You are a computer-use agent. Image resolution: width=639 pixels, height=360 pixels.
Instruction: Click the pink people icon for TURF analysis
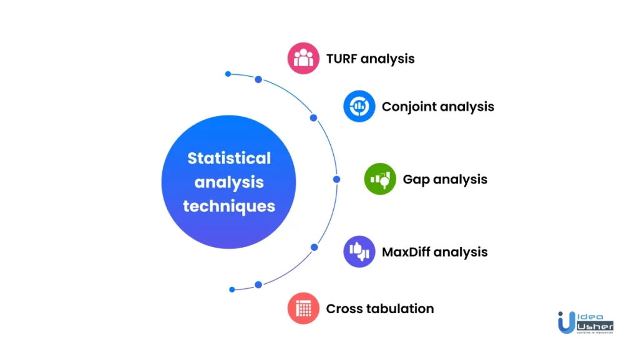click(303, 58)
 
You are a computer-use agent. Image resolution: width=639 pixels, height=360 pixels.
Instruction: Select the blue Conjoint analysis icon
click(359, 106)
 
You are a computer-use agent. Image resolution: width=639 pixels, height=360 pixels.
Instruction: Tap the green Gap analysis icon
click(380, 179)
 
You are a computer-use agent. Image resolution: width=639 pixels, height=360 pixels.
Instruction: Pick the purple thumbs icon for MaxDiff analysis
click(359, 251)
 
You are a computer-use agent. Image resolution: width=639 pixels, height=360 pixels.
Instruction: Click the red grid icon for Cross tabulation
click(303, 308)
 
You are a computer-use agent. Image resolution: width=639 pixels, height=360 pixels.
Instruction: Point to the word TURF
click(341, 59)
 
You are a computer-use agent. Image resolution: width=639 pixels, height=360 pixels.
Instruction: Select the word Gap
click(416, 180)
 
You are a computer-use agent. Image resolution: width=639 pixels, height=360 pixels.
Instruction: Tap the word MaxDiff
click(406, 252)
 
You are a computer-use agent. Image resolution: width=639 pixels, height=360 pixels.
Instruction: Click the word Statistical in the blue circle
click(229, 158)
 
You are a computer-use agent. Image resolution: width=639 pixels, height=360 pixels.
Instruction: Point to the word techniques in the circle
click(229, 207)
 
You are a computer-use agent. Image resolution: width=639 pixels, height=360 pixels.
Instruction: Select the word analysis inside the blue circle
click(229, 182)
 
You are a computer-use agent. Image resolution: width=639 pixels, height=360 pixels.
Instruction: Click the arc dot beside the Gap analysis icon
click(336, 179)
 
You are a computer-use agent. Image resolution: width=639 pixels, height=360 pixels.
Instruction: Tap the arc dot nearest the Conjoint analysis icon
click(313, 118)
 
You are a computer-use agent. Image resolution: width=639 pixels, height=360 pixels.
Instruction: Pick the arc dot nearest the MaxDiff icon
click(315, 247)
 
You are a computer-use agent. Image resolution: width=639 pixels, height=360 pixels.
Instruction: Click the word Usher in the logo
click(595, 326)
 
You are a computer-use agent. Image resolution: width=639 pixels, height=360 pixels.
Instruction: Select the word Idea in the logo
click(590, 317)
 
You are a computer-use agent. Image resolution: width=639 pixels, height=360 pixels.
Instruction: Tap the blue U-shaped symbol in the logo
click(566, 323)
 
